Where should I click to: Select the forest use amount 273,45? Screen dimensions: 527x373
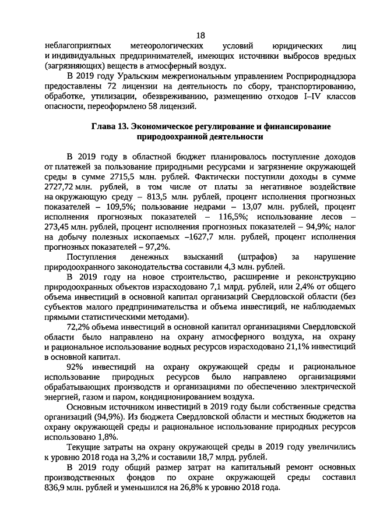[x=60, y=229]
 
